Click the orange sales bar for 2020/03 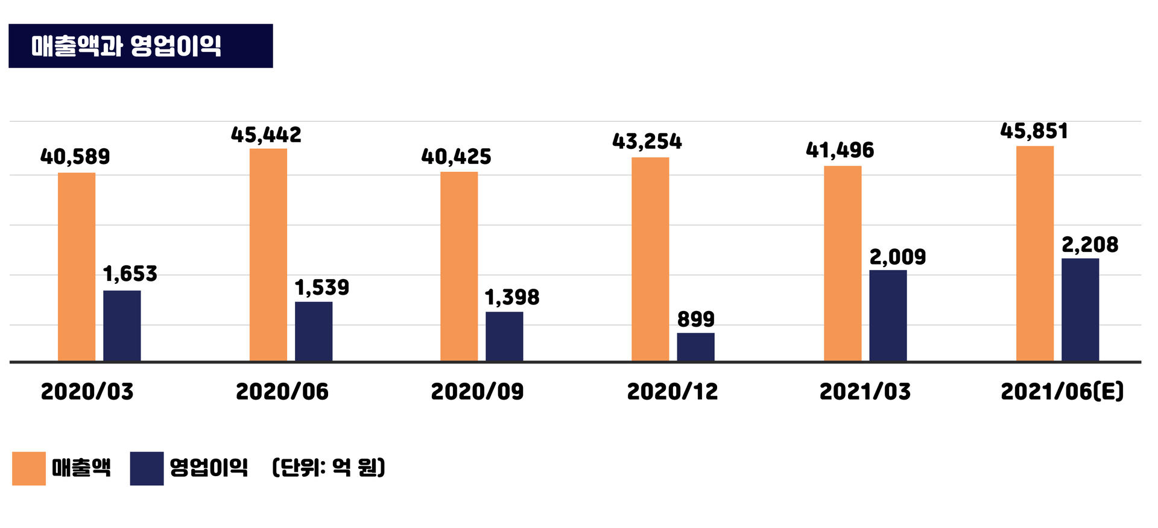pyautogui.click(x=77, y=267)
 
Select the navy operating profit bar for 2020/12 pyautogui.click(x=695, y=347)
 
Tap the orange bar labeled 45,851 pyautogui.click(x=1035, y=253)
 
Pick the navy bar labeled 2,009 pyautogui.click(x=888, y=316)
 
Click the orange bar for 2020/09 pyautogui.click(x=459, y=266)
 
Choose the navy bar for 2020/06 pyautogui.click(x=314, y=332)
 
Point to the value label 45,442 pyautogui.click(x=266, y=135)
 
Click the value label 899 pyautogui.click(x=695, y=319)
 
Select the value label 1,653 pyautogui.click(x=130, y=274)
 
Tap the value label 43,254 pyautogui.click(x=647, y=142)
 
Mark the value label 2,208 pyautogui.click(x=1090, y=245)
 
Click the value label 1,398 pyautogui.click(x=512, y=297)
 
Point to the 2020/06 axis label pyautogui.click(x=282, y=392)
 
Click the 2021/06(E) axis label pyautogui.click(x=1062, y=392)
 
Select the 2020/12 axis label pyautogui.click(x=672, y=392)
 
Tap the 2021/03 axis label pyautogui.click(x=865, y=392)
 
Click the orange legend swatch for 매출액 pyautogui.click(x=29, y=468)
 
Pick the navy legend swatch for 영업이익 pyautogui.click(x=147, y=468)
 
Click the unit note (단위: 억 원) pyautogui.click(x=329, y=467)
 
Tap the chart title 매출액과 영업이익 pyautogui.click(x=127, y=46)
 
